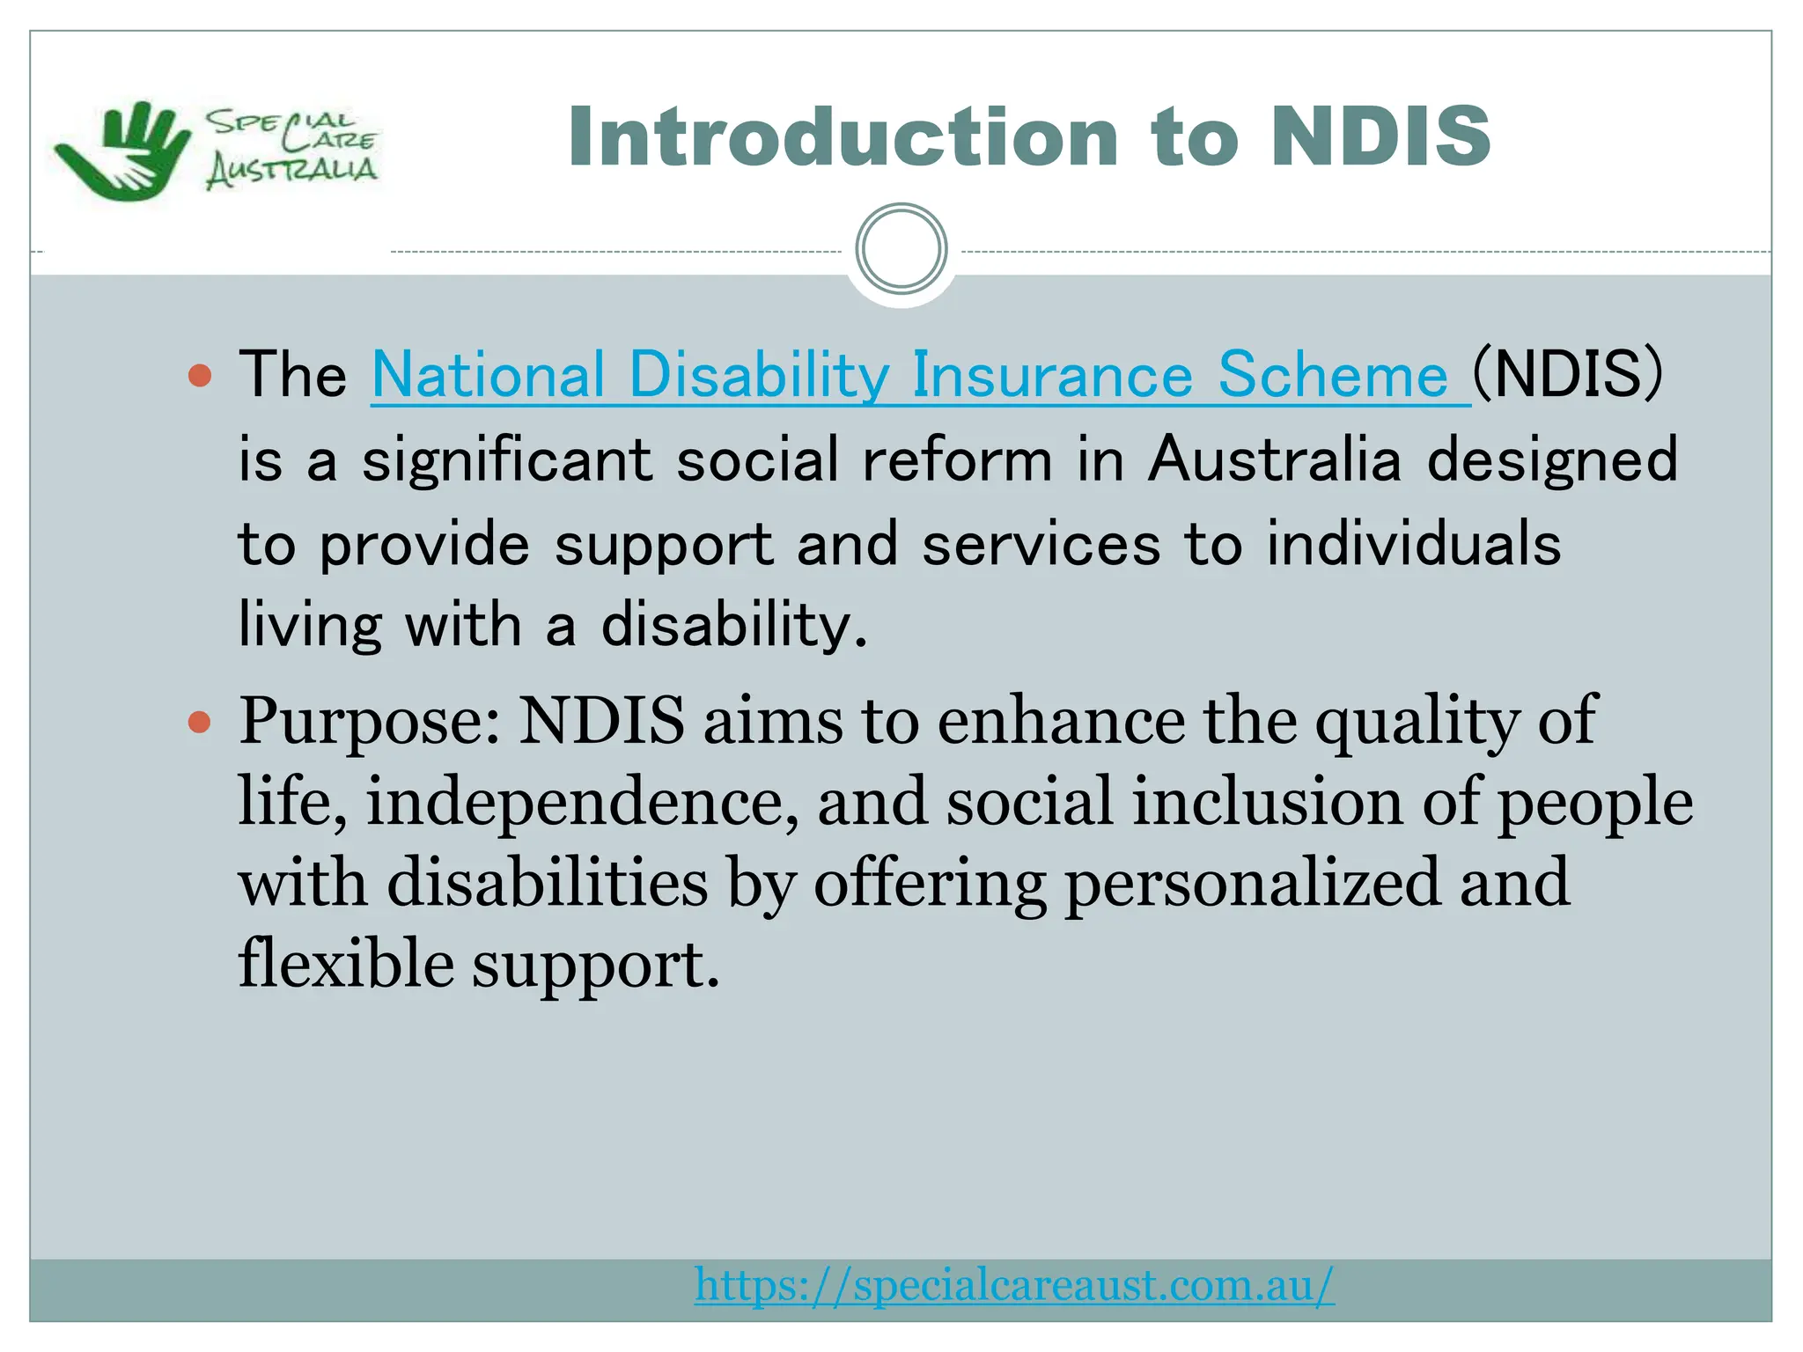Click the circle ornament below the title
coord(901,249)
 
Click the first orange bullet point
coord(201,376)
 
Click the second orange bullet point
coord(201,723)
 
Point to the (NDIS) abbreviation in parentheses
coord(1568,374)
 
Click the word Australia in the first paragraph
coord(1274,459)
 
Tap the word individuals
coord(1413,544)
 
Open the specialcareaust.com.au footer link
coord(1014,1285)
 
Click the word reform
coord(957,459)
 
